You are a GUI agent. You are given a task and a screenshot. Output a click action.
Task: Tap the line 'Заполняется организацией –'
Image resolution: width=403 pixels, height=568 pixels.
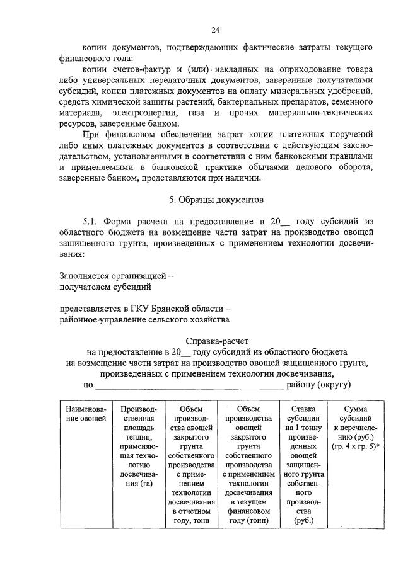point(117,275)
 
